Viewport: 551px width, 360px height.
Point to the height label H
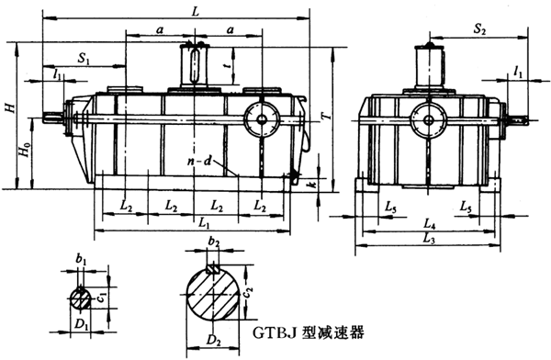point(9,108)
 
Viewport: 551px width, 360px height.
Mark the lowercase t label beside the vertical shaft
point(225,65)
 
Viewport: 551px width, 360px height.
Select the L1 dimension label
point(204,223)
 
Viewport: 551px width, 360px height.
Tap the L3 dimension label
point(429,239)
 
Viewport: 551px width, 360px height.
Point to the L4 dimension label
point(429,223)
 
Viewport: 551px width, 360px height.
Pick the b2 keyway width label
point(214,242)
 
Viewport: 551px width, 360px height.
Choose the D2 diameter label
point(214,343)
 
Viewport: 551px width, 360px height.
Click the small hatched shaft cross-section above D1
point(82,297)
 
